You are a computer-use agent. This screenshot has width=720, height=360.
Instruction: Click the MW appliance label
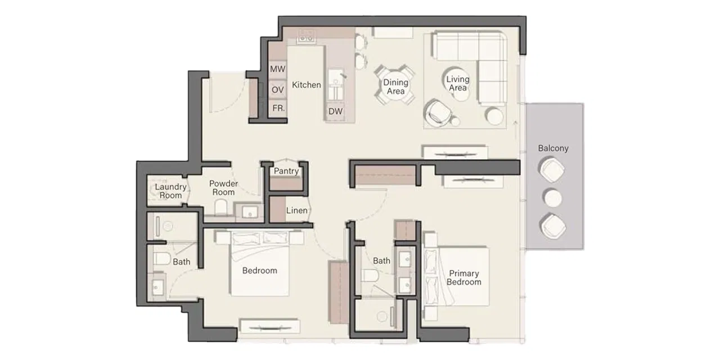coord(277,69)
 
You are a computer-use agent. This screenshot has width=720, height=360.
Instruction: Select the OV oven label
coord(277,90)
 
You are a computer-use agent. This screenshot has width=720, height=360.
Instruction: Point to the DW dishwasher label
coord(336,111)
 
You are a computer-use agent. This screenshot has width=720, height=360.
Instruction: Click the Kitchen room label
coord(307,85)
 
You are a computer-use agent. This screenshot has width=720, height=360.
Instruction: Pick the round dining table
coord(395,86)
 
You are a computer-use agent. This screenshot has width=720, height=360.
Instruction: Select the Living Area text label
coord(457,84)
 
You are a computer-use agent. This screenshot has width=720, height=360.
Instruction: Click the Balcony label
coord(553,148)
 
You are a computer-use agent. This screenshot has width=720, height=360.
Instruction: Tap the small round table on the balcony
coord(553,198)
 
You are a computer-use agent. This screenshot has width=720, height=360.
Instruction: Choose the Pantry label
coord(286,171)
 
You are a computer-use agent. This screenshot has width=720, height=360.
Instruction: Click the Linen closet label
coord(296,211)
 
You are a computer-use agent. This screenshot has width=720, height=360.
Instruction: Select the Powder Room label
coord(223,188)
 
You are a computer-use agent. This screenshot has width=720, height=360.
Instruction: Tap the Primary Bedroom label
coord(464,278)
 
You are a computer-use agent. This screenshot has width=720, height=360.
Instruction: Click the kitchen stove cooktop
coord(307,37)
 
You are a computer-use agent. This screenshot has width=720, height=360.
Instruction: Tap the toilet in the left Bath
coord(163,259)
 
